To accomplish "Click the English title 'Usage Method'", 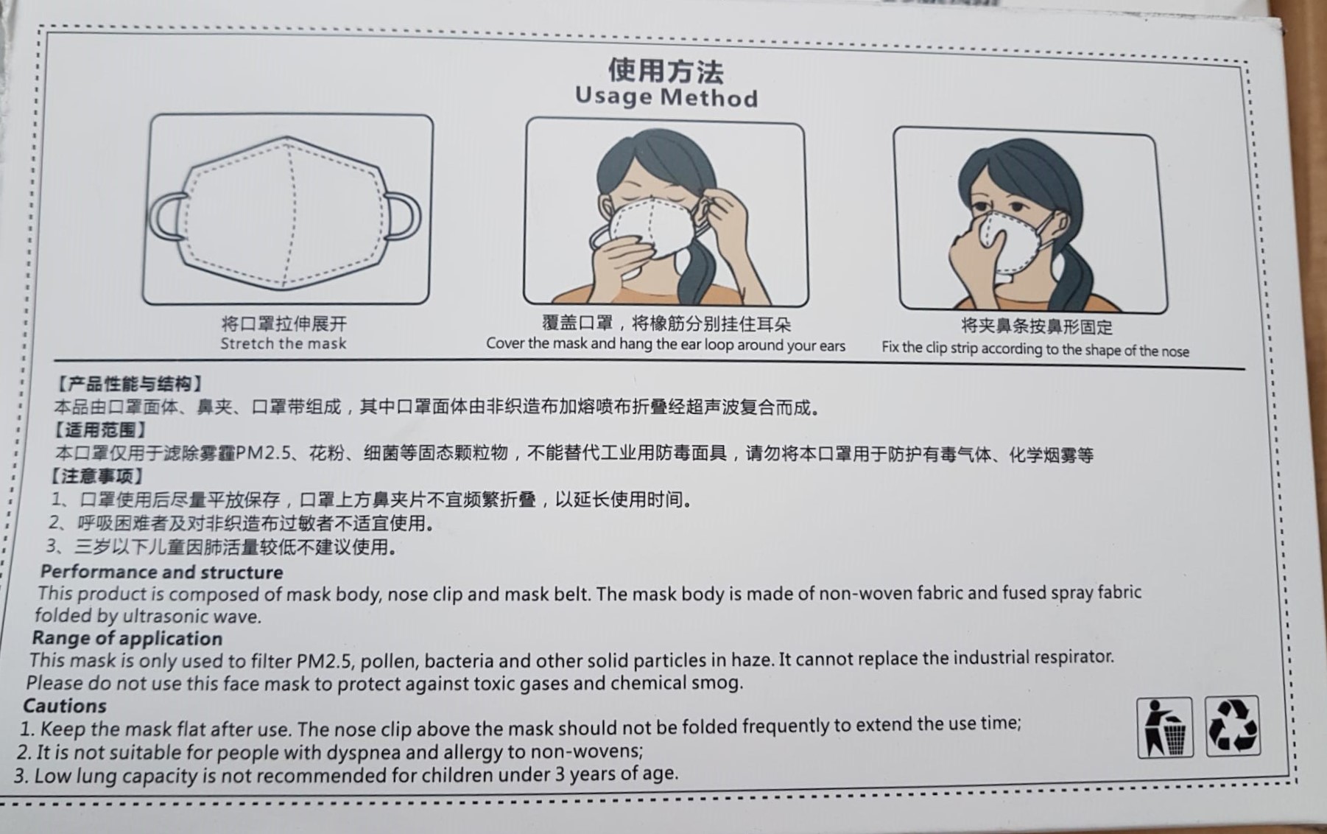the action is (x=666, y=97).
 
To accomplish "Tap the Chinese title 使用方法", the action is (x=666, y=71).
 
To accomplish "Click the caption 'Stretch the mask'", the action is (x=283, y=343).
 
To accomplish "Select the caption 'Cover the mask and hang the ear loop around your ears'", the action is (x=666, y=345).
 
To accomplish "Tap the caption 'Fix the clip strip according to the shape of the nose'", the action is (x=1035, y=348).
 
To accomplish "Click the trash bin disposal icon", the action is (x=1165, y=727).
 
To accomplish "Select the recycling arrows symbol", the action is (x=1232, y=726).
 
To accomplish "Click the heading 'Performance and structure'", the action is (x=161, y=572).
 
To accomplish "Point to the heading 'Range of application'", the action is (x=127, y=638).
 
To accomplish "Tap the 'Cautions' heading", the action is (x=65, y=706).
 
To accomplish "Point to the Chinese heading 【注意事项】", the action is (x=97, y=476).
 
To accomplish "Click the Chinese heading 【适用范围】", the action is (x=99, y=430).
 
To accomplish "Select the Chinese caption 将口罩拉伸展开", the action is (x=284, y=323).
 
